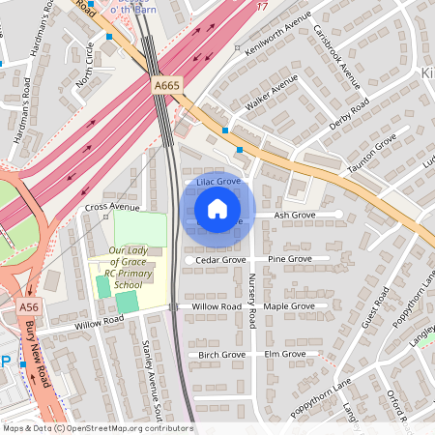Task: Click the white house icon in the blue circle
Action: pos(217,208)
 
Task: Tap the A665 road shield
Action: pos(165,87)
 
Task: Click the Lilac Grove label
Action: pos(217,182)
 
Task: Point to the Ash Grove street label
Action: pos(295,215)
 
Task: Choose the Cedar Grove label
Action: pos(220,260)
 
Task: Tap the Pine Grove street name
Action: pos(290,260)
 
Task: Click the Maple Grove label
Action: pos(290,306)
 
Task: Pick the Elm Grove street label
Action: pos(285,355)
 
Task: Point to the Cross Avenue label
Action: pos(112,208)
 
